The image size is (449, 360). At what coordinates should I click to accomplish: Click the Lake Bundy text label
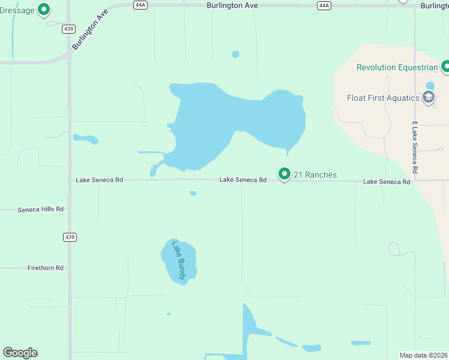click(x=179, y=260)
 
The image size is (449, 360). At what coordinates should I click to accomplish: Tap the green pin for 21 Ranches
click(x=285, y=174)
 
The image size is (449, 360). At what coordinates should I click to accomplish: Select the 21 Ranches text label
click(x=315, y=175)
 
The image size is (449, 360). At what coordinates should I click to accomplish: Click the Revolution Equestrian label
click(x=396, y=67)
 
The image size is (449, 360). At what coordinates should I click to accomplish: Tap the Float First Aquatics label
click(x=383, y=98)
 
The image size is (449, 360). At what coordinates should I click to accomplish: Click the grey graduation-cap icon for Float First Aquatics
click(x=429, y=97)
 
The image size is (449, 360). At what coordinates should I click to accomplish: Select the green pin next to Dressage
click(x=43, y=10)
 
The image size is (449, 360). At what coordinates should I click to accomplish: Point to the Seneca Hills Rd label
click(x=40, y=209)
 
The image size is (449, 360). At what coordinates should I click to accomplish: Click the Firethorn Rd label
click(x=45, y=268)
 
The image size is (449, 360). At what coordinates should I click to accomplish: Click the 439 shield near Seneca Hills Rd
click(x=70, y=237)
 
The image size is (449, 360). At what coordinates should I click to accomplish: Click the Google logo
click(x=20, y=353)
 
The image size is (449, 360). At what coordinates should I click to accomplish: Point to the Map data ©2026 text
click(x=423, y=355)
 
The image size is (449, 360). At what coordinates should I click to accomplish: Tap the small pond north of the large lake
click(x=235, y=54)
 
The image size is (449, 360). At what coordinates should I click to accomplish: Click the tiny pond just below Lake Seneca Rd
click(x=193, y=193)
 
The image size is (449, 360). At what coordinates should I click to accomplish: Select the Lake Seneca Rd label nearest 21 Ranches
click(x=243, y=179)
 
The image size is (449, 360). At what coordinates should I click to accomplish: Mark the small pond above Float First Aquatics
click(x=430, y=86)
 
